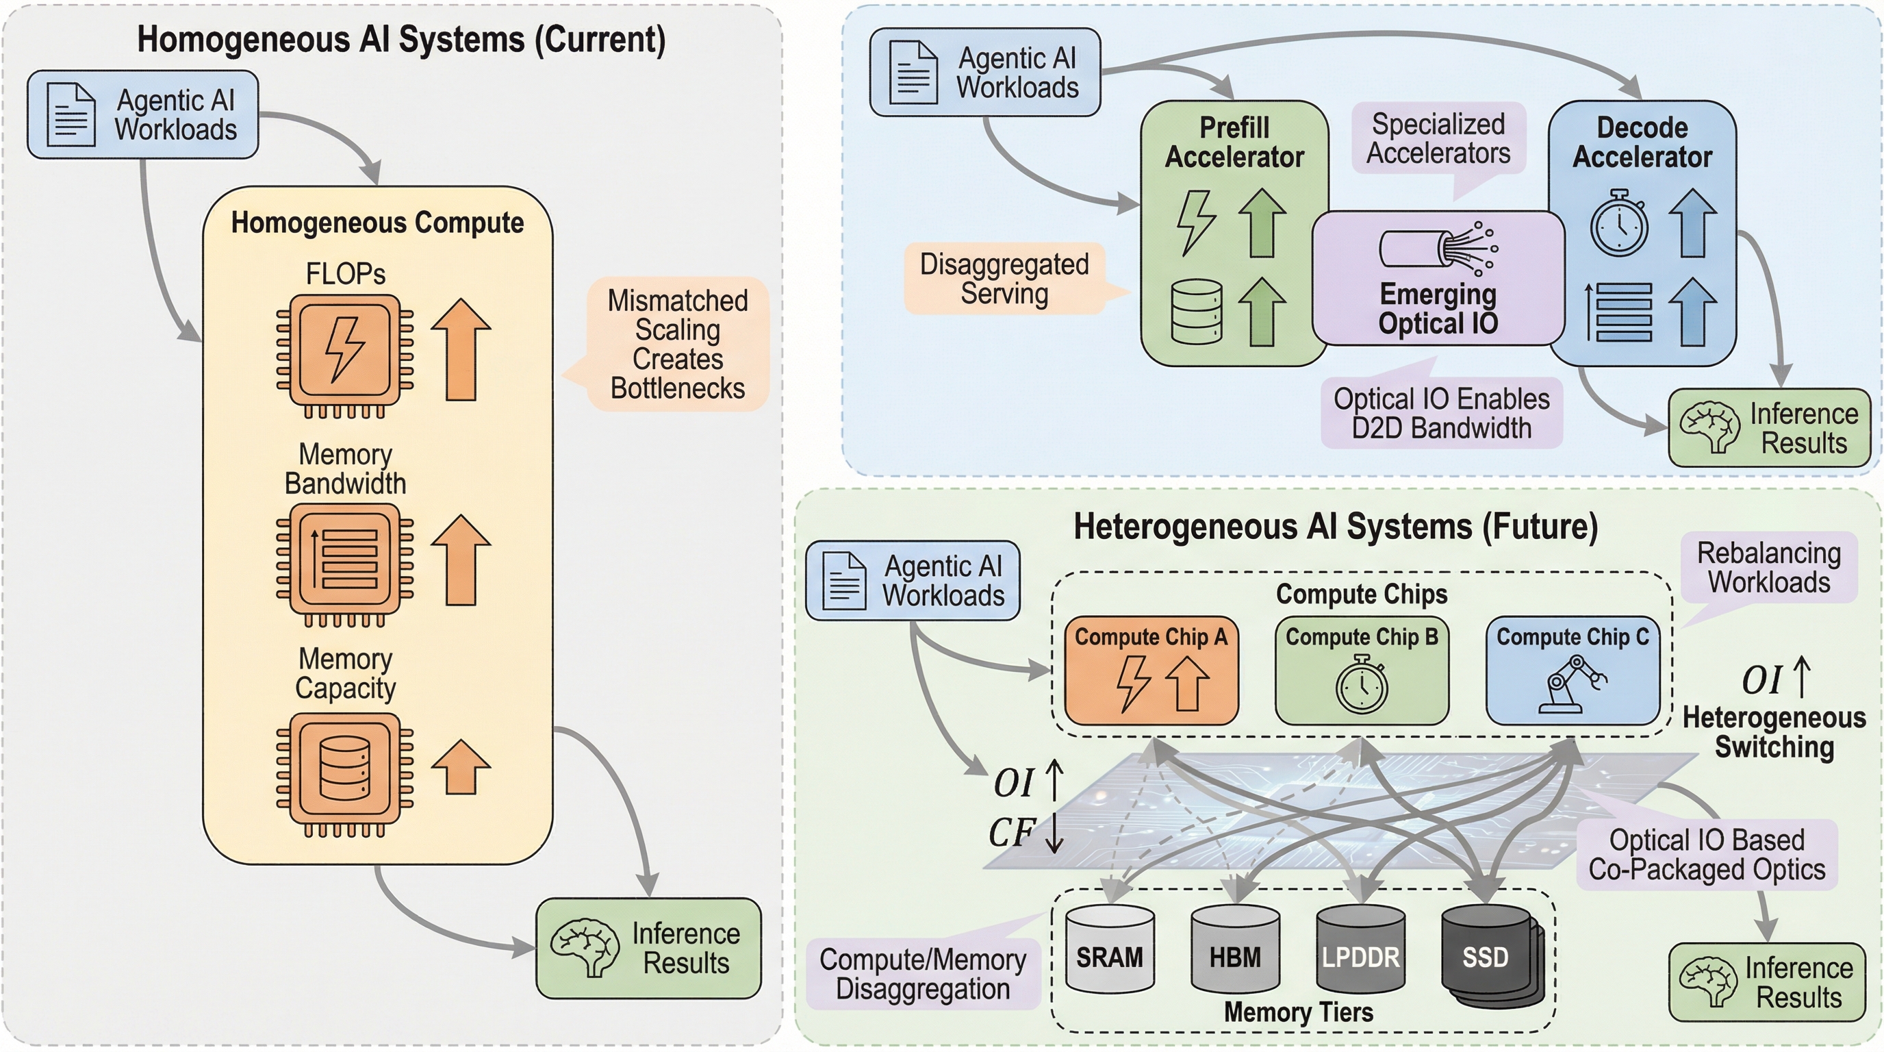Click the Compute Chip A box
coord(1151,670)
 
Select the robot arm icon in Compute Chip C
coord(1573,684)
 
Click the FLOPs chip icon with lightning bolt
coord(345,351)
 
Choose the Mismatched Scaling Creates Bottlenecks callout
coord(677,344)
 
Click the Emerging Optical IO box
coord(1438,279)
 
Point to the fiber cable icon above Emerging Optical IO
coord(1438,248)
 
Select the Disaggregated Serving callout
coord(1004,279)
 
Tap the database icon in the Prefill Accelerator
coord(1197,312)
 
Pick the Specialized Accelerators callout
coord(1438,138)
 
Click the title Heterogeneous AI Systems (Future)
coord(1336,527)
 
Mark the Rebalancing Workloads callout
coord(1768,568)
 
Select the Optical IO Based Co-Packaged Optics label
coord(1706,855)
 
